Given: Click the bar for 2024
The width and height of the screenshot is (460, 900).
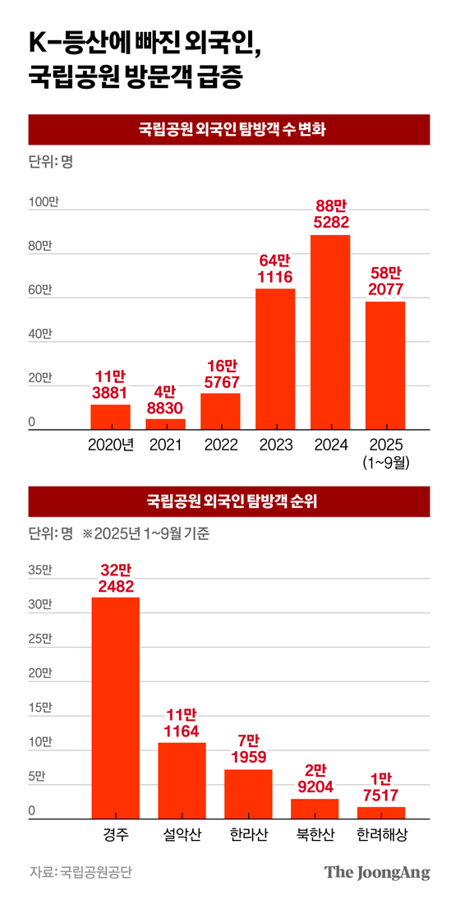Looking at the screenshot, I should click(330, 332).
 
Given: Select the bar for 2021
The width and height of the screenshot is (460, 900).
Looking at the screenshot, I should click(165, 424).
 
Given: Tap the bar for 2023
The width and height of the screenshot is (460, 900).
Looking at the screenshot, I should click(275, 359).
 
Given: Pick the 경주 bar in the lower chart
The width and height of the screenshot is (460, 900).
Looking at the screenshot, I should click(115, 707).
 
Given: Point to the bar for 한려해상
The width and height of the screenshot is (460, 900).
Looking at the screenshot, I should click(381, 812).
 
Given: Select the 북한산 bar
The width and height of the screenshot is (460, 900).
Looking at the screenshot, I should click(315, 808).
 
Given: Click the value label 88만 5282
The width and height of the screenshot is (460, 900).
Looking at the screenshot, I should click(330, 214).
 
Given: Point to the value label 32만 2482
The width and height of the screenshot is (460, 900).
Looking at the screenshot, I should click(115, 577).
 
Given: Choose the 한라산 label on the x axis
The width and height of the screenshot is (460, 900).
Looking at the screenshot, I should click(248, 834).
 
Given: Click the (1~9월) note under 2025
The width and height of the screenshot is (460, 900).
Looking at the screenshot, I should click(385, 462).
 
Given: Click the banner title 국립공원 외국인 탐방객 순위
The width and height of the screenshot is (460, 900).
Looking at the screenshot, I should click(230, 501).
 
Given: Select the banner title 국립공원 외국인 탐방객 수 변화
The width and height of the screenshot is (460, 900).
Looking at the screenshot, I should click(230, 129).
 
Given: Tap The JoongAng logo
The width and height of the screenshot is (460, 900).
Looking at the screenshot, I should click(376, 872).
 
